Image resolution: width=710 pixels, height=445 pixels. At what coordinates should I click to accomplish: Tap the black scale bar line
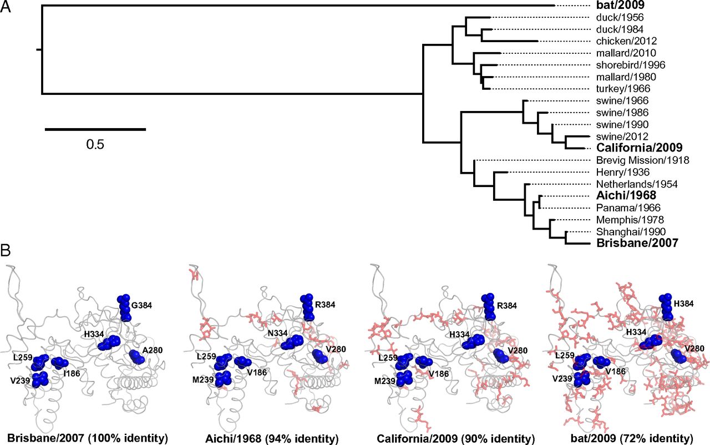(95, 129)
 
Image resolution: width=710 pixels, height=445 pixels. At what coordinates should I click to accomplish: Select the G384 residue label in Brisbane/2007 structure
(148, 304)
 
